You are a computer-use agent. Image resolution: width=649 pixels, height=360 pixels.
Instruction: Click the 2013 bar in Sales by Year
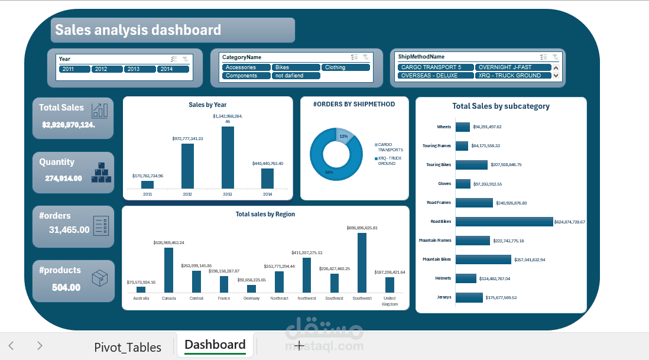coord(228,157)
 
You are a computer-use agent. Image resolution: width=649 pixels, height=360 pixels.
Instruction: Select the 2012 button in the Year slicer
coord(106,69)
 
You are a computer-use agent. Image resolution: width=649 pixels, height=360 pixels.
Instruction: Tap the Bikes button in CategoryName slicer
coord(296,67)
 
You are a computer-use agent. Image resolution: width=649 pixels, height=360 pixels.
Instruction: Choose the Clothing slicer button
coord(346,67)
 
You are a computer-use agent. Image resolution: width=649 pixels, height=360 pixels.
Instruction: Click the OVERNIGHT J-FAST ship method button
coord(512,67)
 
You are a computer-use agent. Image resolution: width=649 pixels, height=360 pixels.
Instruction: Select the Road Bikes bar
coord(504,222)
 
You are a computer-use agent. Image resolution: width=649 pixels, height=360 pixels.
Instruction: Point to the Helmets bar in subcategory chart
coord(466,278)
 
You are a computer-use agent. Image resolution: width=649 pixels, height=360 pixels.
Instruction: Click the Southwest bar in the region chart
coord(362,262)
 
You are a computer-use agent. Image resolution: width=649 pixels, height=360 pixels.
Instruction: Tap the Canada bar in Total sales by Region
coord(168,270)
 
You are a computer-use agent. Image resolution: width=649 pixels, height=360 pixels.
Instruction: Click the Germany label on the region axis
coord(251,299)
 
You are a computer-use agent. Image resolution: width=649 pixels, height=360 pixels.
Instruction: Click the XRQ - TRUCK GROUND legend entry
coord(391,161)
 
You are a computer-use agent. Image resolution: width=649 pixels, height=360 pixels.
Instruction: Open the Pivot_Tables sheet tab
coord(128,347)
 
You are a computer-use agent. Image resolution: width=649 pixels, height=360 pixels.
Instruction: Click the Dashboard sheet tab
coord(215,345)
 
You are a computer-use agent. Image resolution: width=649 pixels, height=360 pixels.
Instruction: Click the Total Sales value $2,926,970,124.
coord(69,125)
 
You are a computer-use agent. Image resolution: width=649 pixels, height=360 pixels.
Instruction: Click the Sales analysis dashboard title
coord(138,30)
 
